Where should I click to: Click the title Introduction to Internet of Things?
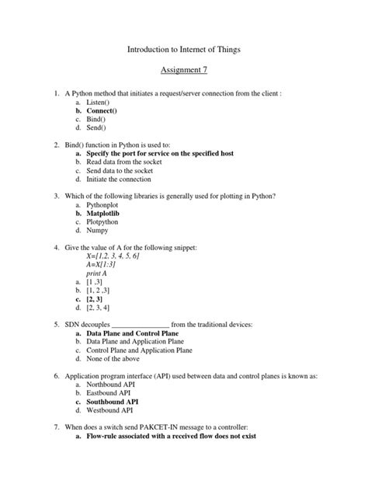184,49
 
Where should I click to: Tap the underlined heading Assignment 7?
184,71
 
